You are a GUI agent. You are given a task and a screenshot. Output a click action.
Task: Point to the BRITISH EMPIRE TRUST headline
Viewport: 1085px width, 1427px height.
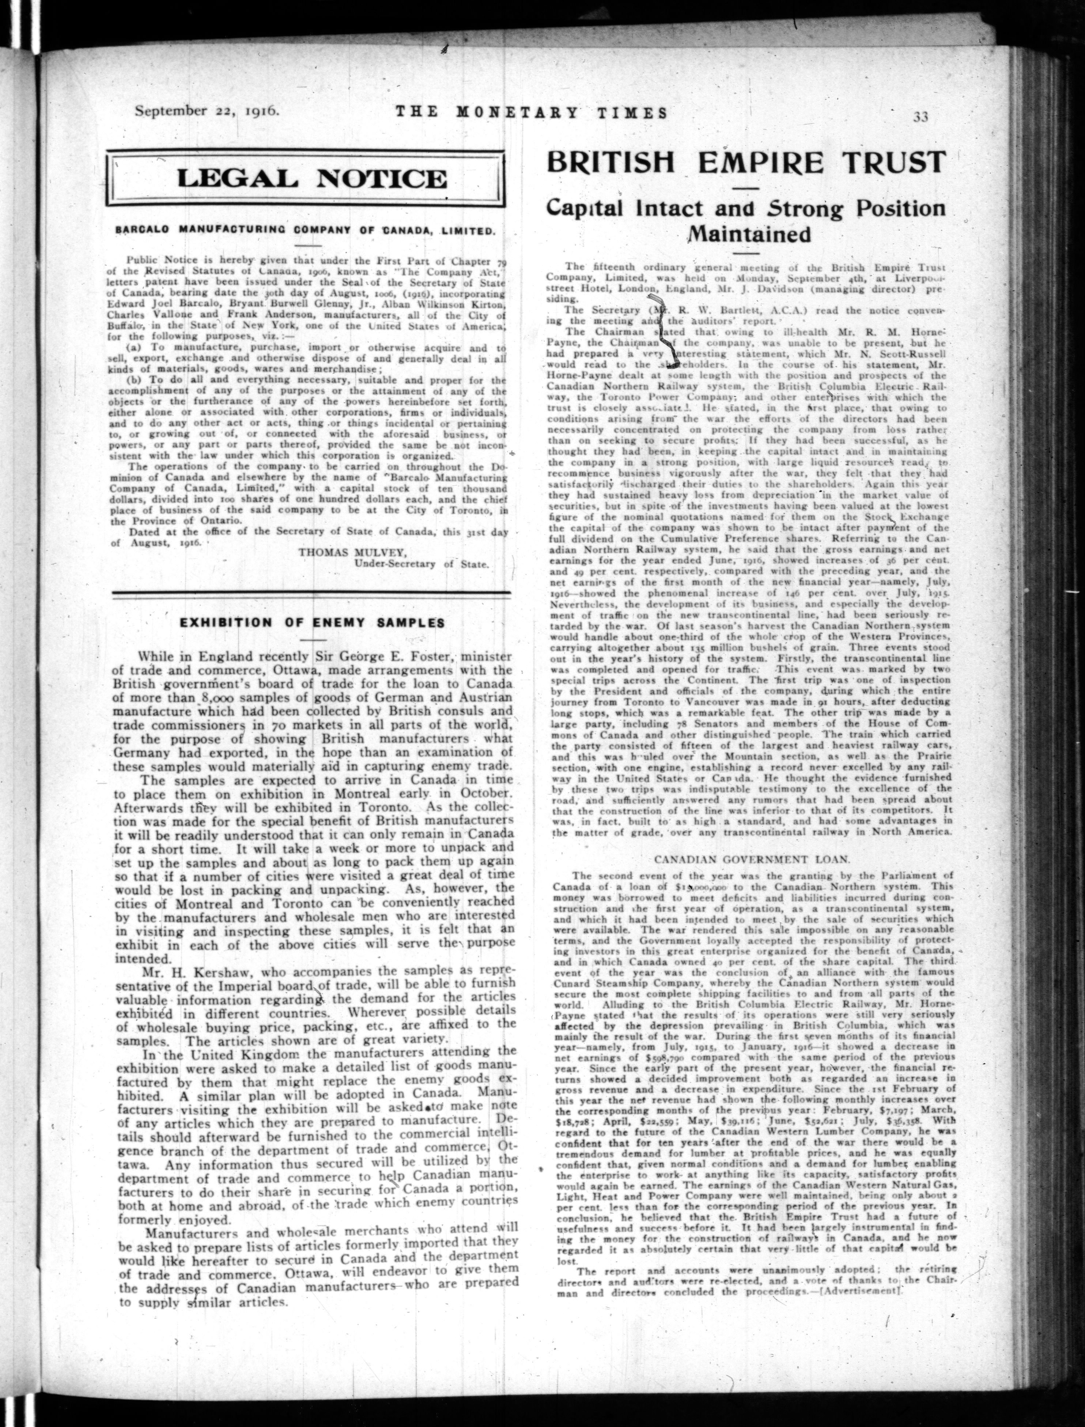click(746, 162)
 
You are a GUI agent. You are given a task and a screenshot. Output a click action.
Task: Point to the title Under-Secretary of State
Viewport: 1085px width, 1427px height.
click(422, 564)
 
